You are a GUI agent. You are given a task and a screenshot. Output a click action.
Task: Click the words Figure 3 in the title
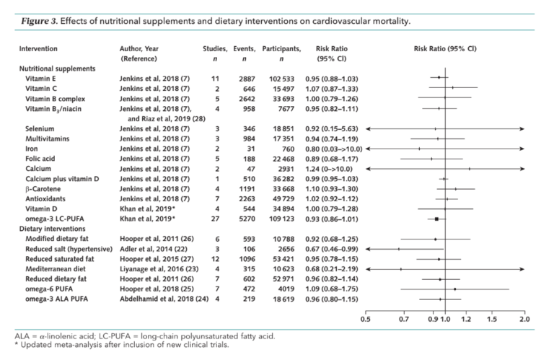tap(38, 21)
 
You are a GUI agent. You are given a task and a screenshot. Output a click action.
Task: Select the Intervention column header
tap(38, 49)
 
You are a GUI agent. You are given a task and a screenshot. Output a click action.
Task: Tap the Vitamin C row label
tap(40, 89)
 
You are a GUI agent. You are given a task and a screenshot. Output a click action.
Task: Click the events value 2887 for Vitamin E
tap(247, 79)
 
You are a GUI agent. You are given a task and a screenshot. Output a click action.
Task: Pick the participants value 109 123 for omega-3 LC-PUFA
tap(281, 219)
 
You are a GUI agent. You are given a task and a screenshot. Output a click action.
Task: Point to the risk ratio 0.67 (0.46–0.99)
tap(331, 249)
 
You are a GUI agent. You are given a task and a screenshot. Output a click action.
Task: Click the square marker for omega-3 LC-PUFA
tap(436, 219)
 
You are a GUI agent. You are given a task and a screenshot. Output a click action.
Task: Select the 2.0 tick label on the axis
tap(524, 320)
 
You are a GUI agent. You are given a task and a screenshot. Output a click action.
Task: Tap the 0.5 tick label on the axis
tap(366, 320)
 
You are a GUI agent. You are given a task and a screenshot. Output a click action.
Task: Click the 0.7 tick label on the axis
tap(404, 320)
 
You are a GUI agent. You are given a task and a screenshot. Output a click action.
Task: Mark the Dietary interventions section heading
tap(52, 229)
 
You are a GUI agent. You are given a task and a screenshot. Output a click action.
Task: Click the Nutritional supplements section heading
tap(57, 69)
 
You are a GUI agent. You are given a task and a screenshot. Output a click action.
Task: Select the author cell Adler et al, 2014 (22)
tap(154, 249)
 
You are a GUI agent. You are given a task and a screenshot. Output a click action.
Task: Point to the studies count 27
tap(215, 219)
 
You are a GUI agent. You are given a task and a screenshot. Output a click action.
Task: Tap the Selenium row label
tap(40, 129)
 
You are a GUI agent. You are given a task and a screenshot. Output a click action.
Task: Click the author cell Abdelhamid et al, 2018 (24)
tap(164, 299)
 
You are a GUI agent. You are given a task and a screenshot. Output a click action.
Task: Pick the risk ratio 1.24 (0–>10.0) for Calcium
tap(329, 169)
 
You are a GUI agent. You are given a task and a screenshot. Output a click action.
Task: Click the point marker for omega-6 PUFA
tap(454, 289)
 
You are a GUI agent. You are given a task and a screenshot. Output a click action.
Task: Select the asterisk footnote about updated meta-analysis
tap(122, 345)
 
